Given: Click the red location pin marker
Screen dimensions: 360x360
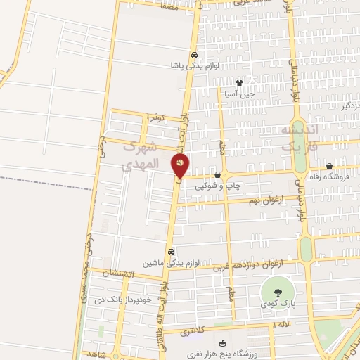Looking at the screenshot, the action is (x=181, y=166).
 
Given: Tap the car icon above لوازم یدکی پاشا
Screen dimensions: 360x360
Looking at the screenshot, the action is (x=193, y=55).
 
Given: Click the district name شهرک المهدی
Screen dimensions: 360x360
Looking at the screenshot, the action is (x=137, y=157).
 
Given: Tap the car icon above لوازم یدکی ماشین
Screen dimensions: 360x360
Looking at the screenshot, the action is (x=169, y=252).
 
